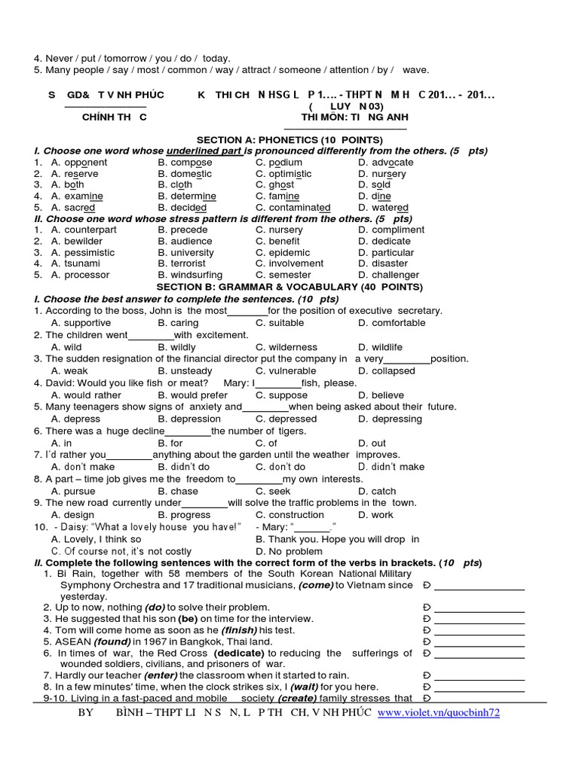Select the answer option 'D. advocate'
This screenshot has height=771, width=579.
[x=385, y=163]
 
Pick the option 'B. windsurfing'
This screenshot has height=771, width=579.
[x=190, y=276]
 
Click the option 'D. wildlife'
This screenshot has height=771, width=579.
[x=380, y=347]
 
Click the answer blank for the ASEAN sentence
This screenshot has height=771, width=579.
[x=479, y=642]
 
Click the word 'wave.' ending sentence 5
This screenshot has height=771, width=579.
[x=415, y=70]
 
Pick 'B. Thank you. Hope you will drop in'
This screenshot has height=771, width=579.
[x=337, y=540]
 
